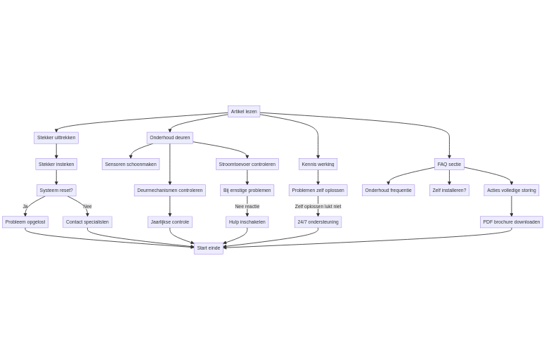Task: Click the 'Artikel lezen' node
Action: pos(244,111)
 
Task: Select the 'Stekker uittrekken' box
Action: pos(56,138)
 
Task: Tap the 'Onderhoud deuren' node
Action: pos(169,138)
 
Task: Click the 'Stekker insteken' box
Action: pos(56,164)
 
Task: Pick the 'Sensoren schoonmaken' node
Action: pos(131,164)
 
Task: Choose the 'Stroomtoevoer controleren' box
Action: pos(247,164)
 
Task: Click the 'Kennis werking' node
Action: pos(318,164)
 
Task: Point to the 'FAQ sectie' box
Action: pos(449,164)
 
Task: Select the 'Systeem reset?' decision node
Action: pos(56,191)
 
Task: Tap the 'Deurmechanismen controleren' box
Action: pos(169,191)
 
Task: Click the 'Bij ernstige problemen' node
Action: pos(247,191)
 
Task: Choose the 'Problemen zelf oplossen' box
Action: pos(318,191)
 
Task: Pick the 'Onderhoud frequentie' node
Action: pos(389,191)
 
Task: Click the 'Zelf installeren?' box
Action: pos(449,191)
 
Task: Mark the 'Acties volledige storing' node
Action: pos(511,191)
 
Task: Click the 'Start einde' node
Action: pos(208,248)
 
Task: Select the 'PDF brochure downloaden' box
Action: pos(511,222)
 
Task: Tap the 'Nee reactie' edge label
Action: pos(247,207)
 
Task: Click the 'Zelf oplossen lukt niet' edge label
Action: pos(318,207)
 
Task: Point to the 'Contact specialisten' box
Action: pos(87,222)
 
